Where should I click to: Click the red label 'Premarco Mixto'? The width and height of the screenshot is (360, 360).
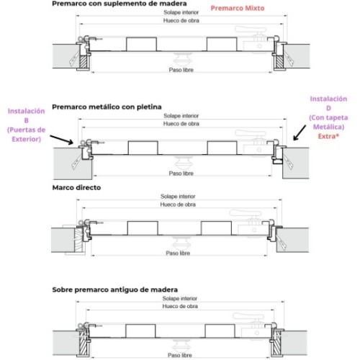(238, 9)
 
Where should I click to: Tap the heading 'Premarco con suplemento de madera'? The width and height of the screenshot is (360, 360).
(120, 4)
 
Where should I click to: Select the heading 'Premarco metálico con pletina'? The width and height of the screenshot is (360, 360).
(107, 107)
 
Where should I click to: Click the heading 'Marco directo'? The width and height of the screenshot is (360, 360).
(76, 188)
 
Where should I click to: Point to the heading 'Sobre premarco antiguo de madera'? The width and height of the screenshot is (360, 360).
(115, 289)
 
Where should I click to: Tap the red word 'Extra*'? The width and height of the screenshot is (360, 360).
(328, 136)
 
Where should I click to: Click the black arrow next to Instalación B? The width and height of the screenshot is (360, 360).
(62, 140)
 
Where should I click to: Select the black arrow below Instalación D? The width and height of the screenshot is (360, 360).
(300, 132)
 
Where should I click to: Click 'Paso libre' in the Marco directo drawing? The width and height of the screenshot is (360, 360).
(178, 253)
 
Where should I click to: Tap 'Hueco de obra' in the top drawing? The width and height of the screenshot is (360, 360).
(181, 21)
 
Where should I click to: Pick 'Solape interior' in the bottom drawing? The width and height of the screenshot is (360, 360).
(180, 298)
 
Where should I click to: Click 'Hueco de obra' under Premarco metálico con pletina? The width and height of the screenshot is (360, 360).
(181, 124)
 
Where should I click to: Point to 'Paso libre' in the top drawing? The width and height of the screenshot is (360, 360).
(181, 70)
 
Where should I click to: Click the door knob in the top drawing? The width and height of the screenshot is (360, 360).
(182, 60)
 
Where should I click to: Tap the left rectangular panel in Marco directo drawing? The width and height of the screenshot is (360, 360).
(143, 228)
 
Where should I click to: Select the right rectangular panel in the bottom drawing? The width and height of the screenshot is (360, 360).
(220, 331)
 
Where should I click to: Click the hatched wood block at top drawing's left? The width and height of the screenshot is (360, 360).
(83, 62)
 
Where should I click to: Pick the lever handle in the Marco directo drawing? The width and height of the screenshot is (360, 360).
(246, 213)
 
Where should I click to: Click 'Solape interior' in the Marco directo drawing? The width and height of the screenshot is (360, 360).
(178, 197)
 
